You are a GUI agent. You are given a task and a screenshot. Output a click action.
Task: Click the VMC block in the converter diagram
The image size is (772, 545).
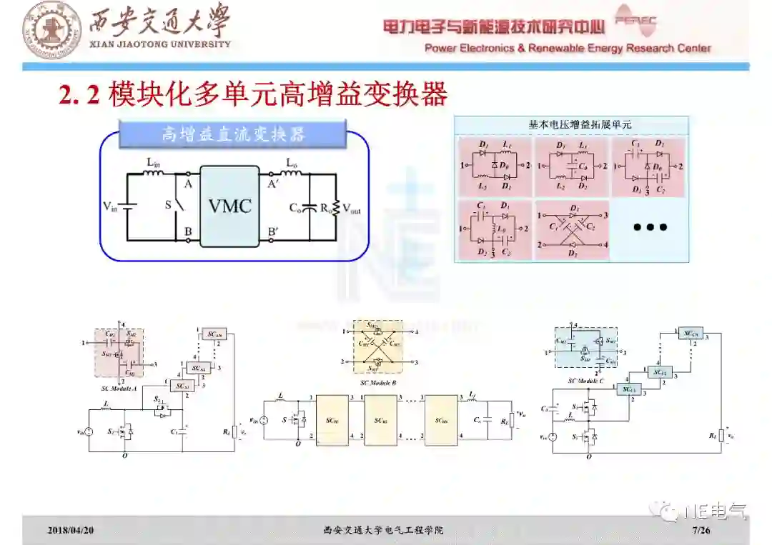(x=229, y=206)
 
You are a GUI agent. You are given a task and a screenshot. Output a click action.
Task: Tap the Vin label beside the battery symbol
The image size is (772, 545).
(x=110, y=207)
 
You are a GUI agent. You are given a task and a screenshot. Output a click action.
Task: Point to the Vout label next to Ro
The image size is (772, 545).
(x=352, y=209)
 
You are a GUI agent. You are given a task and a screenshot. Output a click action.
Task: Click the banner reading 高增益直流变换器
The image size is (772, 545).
(x=233, y=134)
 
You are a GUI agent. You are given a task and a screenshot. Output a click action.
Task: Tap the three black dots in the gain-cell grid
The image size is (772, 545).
(x=650, y=227)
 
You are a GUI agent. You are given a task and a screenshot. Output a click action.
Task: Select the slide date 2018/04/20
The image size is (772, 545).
(x=71, y=530)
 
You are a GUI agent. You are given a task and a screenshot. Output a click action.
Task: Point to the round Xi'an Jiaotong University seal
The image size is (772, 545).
(x=52, y=29)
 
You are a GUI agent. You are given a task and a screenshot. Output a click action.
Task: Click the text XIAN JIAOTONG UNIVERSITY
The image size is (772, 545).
(x=159, y=44)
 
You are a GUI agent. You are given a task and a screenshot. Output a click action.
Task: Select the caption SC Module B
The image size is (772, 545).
(x=379, y=383)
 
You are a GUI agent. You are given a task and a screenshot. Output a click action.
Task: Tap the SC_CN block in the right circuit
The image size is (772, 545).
(x=690, y=333)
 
